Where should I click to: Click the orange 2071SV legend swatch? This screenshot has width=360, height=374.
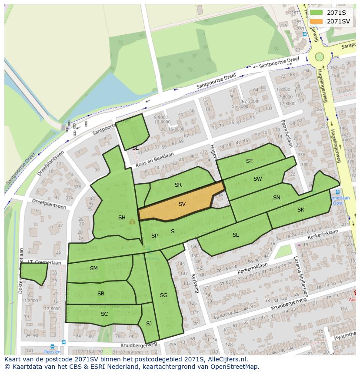click(x=316, y=21)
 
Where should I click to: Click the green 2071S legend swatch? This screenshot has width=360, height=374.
click(x=316, y=13)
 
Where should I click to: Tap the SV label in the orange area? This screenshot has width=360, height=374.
click(x=182, y=204)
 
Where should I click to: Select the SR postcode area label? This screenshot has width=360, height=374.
click(x=178, y=185)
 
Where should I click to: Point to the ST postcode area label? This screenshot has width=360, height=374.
click(x=249, y=161)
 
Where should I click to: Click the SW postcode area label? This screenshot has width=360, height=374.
click(x=258, y=179)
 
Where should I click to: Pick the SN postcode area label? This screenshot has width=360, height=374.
click(x=277, y=198)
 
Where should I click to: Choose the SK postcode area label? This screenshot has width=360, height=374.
click(x=301, y=210)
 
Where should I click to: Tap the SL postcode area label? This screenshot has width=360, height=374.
click(x=236, y=235)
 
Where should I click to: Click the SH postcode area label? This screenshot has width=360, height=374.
click(x=122, y=218)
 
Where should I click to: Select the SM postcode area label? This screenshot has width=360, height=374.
click(x=94, y=268)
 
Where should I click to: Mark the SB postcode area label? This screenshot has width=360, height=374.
click(x=101, y=294)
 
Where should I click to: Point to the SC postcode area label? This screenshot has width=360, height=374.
click(x=104, y=314)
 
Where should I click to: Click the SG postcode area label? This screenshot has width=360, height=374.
click(x=163, y=295)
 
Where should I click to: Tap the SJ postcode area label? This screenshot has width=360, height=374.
click(x=149, y=323)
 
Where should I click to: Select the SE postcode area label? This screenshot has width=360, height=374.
click(x=136, y=148)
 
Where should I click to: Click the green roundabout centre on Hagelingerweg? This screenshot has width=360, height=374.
click(x=320, y=56)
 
